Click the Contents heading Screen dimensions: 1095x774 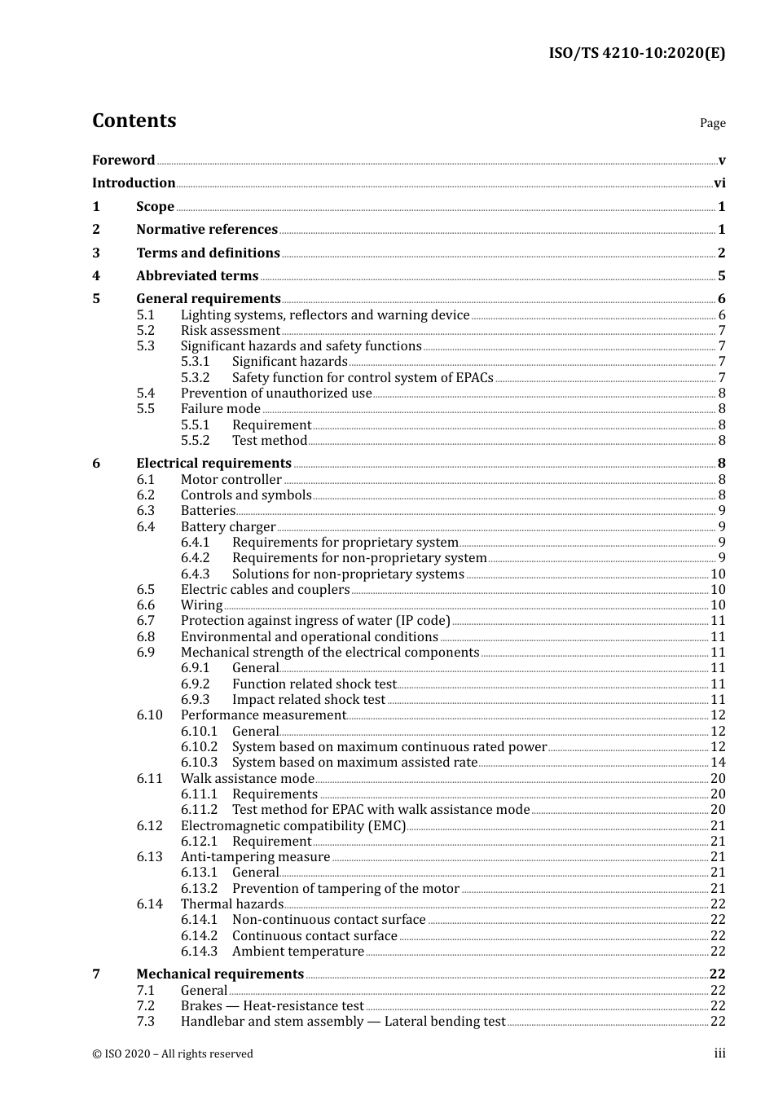(134, 121)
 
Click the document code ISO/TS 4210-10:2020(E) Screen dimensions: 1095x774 (636, 53)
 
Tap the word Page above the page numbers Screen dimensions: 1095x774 (712, 123)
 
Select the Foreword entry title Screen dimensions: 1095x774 (123, 161)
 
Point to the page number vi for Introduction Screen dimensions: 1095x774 (719, 183)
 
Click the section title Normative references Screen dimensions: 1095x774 (207, 230)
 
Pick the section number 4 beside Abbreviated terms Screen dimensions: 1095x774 (96, 276)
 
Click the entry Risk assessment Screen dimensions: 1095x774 (230, 331)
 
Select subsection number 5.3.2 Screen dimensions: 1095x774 (195, 378)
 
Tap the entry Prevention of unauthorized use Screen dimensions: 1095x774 (276, 394)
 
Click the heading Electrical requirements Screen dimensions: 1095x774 (213, 464)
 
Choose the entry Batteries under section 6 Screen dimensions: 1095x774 (208, 511)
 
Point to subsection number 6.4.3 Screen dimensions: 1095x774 (195, 574)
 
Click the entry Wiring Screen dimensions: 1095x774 (201, 605)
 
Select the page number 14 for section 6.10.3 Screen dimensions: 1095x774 (718, 763)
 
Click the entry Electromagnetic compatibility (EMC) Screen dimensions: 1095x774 (292, 826)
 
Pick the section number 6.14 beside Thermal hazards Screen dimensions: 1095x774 (149, 904)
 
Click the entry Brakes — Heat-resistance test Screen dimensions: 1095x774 (272, 1006)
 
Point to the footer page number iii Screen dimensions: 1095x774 (719, 1053)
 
